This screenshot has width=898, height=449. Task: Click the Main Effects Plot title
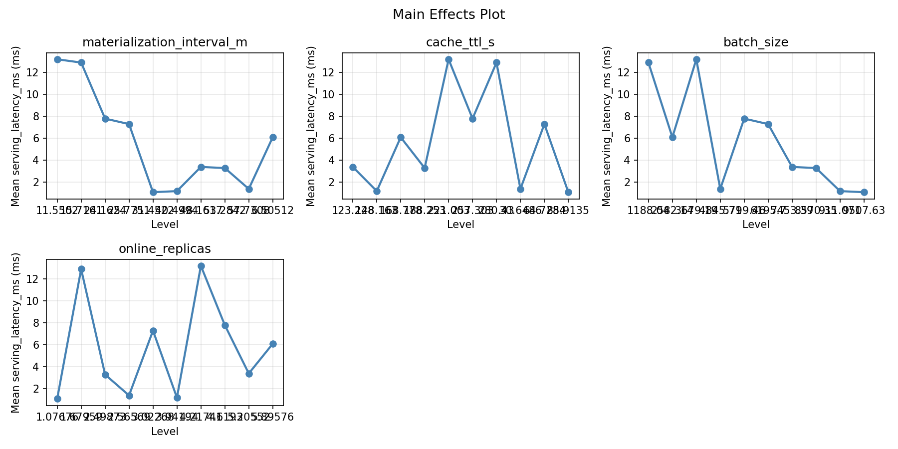coord(449,15)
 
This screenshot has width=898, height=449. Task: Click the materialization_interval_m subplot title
coord(165,42)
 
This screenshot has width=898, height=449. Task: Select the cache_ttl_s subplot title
coord(460,42)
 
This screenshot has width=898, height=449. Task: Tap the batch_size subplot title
coord(756,42)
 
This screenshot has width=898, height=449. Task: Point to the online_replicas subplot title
coord(165,249)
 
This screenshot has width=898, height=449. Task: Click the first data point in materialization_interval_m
coord(57,59)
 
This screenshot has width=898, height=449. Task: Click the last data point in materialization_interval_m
coord(273,137)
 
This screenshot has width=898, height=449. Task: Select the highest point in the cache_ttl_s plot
coord(449,59)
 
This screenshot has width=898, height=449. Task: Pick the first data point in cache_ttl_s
coord(353,167)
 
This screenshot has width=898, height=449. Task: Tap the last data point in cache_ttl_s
coord(568,192)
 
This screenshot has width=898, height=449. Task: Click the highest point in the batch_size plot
coord(696,59)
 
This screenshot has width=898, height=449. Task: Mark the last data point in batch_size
coord(864,192)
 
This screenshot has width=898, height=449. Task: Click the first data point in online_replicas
coord(57,399)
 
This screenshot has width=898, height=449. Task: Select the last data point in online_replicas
coord(273,344)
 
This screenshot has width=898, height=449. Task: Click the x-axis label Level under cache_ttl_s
coord(460,225)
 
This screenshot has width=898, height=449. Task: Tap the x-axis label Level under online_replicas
coord(165,432)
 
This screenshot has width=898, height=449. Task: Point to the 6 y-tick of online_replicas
coord(38,345)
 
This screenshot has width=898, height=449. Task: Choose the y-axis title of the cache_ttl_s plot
coord(311,126)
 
